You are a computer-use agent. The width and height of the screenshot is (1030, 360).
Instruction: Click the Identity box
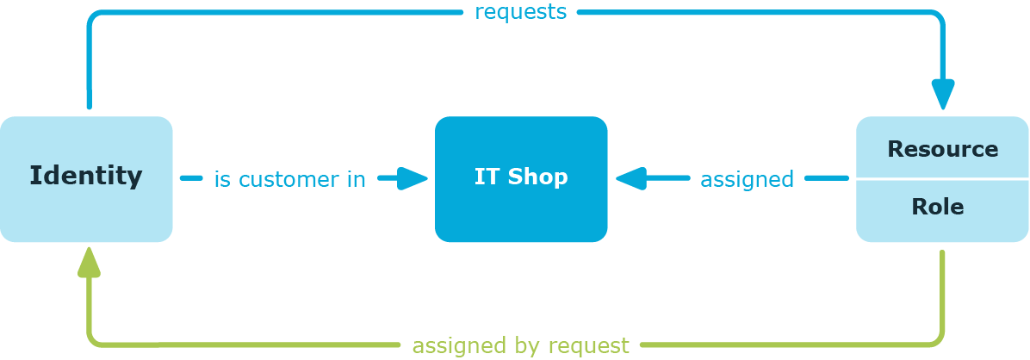tap(86, 179)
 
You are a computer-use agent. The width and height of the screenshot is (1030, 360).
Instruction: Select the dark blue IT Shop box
tap(521, 179)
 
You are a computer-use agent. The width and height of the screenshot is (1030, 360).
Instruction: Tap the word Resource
tap(943, 149)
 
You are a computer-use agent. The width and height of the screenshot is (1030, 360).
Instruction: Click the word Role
tap(937, 207)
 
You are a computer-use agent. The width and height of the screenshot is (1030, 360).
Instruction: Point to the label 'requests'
tap(520, 12)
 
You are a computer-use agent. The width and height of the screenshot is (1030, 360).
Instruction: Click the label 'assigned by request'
tap(520, 344)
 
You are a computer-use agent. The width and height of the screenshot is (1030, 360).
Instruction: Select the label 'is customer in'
tap(289, 178)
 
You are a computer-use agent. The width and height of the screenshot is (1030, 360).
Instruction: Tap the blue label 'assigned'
tap(747, 178)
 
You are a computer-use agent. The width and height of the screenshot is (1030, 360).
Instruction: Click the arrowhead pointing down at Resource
tap(943, 95)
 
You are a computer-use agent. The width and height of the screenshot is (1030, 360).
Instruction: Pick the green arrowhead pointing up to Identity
tap(89, 262)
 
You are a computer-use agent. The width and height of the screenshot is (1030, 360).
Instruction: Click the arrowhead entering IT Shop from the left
tap(413, 178)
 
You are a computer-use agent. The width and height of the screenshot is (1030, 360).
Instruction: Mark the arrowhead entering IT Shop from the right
tap(630, 178)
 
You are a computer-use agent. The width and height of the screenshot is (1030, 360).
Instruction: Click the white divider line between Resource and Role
tap(942, 178)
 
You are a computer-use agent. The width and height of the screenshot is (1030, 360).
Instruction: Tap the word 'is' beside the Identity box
tap(223, 178)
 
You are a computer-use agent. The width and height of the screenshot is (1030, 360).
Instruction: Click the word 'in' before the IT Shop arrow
tap(357, 178)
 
